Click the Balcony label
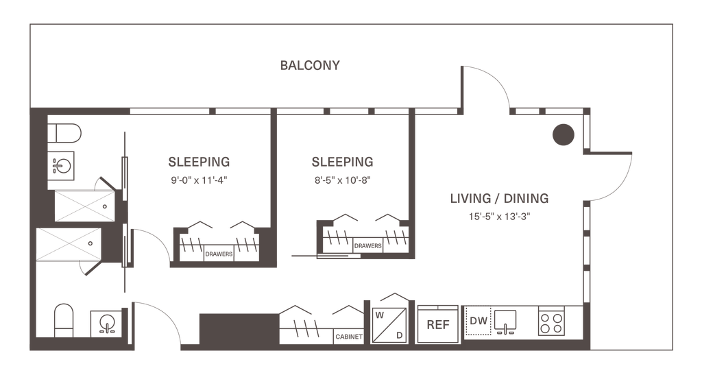pyautogui.click(x=310, y=66)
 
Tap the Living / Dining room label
pyautogui.click(x=499, y=199)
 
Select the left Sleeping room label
pyautogui.click(x=199, y=162)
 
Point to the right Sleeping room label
pyautogui.click(x=342, y=162)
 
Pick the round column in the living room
pyautogui.click(x=563, y=135)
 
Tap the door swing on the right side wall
pyautogui.click(x=610, y=175)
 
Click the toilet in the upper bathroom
pyautogui.click(x=66, y=133)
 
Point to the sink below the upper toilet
pyautogui.click(x=64, y=166)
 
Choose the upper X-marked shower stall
pyautogui.click(x=81, y=206)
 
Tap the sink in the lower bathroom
pyautogui.click(x=105, y=323)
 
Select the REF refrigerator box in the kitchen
pyautogui.click(x=436, y=324)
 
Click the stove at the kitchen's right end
pyautogui.click(x=552, y=322)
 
